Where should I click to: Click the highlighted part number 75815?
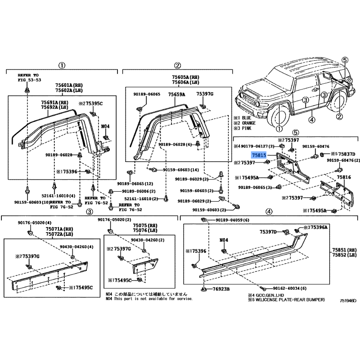(259, 155)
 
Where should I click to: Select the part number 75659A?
(176, 94)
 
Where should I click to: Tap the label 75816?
(344, 177)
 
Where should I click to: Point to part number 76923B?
(221, 289)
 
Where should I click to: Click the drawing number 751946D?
(348, 301)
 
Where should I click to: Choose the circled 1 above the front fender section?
(62, 65)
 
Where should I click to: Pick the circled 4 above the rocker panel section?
(269, 211)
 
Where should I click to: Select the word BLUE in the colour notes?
(247, 118)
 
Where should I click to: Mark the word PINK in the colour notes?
(246, 128)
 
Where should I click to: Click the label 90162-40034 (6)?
(289, 288)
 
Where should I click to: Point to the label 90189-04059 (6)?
(232, 220)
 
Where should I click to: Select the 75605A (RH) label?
(186, 77)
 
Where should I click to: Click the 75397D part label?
(268, 232)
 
